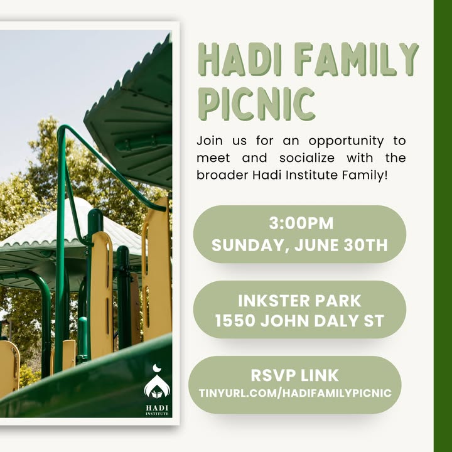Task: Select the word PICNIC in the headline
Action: tap(257, 104)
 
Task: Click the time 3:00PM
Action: tap(301, 223)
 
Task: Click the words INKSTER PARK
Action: tap(299, 301)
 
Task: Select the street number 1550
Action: tap(235, 321)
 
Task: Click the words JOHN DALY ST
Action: tap(322, 321)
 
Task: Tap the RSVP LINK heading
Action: tap(294, 375)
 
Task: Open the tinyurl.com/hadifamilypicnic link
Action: tap(295, 393)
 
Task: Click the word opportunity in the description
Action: tap(346, 142)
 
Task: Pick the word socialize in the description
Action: tap(307, 158)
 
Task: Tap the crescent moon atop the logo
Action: tap(156, 368)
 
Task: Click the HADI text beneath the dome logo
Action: tap(157, 408)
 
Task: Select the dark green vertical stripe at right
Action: tap(443, 226)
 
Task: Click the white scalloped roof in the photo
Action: tap(72, 228)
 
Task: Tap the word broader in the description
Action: tap(222, 175)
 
